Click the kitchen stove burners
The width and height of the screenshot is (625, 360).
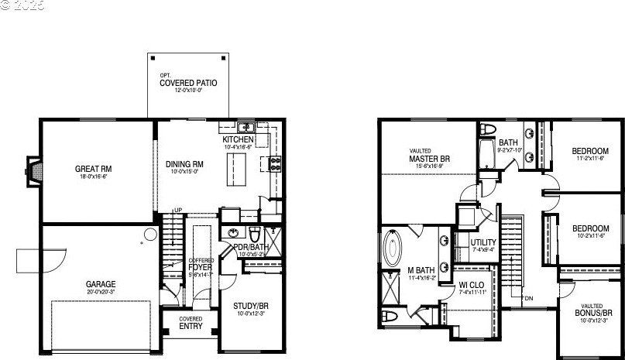tap(273, 163)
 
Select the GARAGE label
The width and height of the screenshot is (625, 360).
tap(101, 284)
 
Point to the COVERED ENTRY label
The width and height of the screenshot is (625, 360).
tap(191, 323)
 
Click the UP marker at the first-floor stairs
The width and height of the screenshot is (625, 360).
tap(177, 211)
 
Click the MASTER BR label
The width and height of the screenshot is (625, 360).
tap(429, 159)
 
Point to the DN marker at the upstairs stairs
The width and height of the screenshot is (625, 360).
tap(528, 298)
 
